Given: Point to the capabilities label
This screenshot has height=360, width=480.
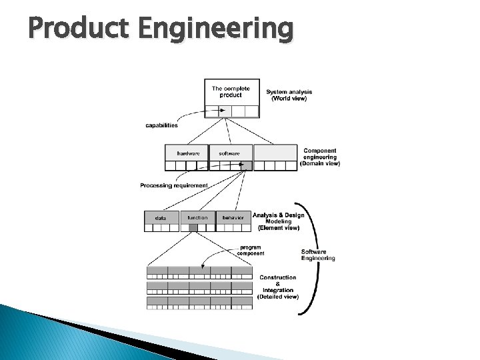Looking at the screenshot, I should (x=161, y=125).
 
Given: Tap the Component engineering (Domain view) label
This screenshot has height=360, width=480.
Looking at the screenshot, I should (x=320, y=157).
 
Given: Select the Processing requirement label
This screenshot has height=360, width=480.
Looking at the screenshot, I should (x=174, y=185).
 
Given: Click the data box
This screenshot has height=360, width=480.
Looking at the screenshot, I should (x=161, y=217).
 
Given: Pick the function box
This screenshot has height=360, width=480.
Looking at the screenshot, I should (x=197, y=217).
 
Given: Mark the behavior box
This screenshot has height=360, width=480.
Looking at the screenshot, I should (x=233, y=217).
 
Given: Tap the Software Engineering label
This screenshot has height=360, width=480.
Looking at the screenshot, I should (x=318, y=255).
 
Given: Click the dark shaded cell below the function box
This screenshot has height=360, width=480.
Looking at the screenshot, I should (x=193, y=228).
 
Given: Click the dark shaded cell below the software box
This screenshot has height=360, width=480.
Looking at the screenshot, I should (x=247, y=165).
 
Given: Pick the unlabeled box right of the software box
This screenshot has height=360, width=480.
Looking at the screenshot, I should (x=275, y=153).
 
